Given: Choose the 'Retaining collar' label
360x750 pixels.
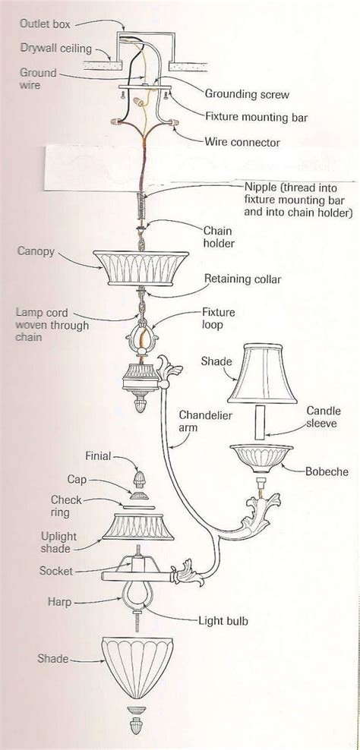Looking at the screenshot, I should click(x=242, y=279).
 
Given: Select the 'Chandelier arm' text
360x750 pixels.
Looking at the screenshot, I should click(x=205, y=423).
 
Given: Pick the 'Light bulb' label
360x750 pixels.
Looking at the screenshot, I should click(x=224, y=620).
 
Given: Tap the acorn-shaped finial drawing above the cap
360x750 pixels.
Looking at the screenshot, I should click(x=140, y=478).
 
